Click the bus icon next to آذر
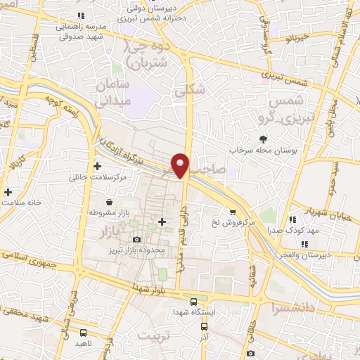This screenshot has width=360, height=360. tap(204, 326)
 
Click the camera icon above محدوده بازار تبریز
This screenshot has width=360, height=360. tap(136, 240)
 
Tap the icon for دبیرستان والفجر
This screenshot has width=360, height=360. tap(304, 245)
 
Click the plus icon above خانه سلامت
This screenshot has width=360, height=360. tap(8, 192)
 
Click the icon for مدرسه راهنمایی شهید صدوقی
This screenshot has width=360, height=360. tap(80, 14)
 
